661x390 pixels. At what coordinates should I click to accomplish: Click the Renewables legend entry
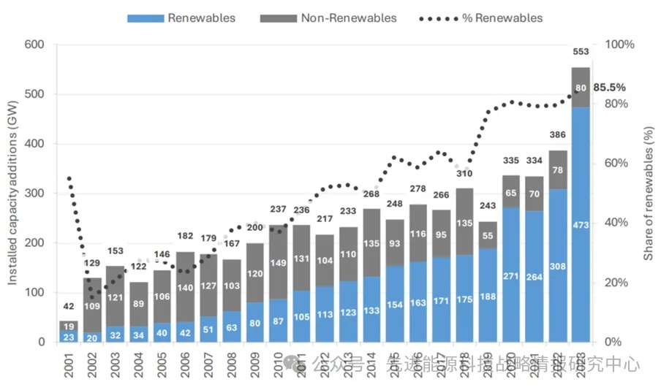point(182,18)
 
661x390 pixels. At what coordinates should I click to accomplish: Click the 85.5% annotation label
point(609,87)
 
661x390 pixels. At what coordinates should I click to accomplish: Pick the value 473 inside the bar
point(580,224)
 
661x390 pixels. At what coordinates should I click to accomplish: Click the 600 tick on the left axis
point(34,45)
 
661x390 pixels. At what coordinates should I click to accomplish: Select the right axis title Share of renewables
point(648,194)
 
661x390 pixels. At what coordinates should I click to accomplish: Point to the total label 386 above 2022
point(557,135)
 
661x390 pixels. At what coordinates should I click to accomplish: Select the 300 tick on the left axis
point(34,194)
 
